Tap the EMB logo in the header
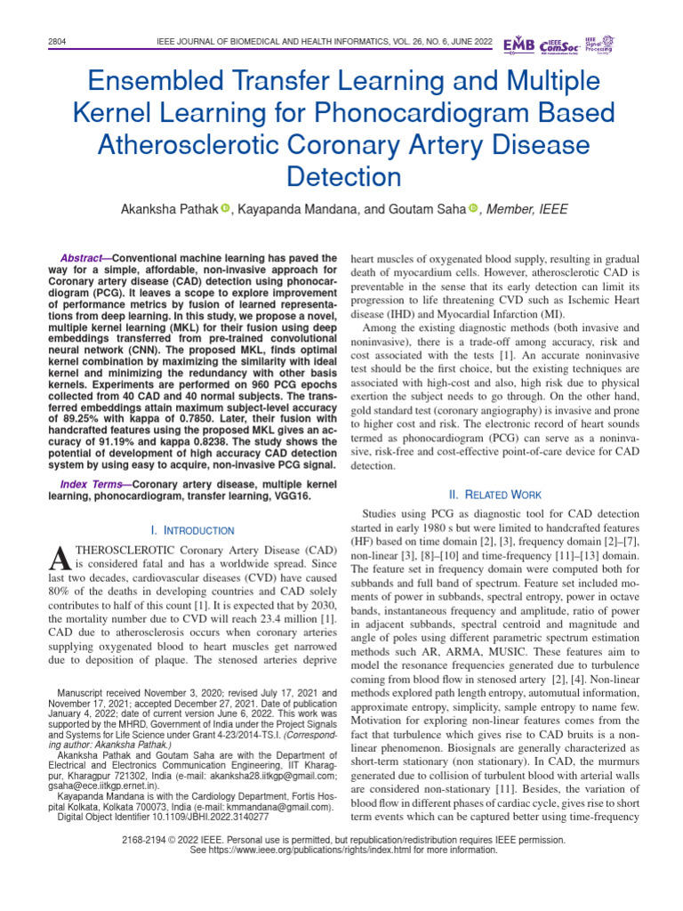point(519,44)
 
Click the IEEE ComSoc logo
point(558,44)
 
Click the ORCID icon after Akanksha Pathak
point(225,208)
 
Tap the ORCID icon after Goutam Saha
point(473,208)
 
